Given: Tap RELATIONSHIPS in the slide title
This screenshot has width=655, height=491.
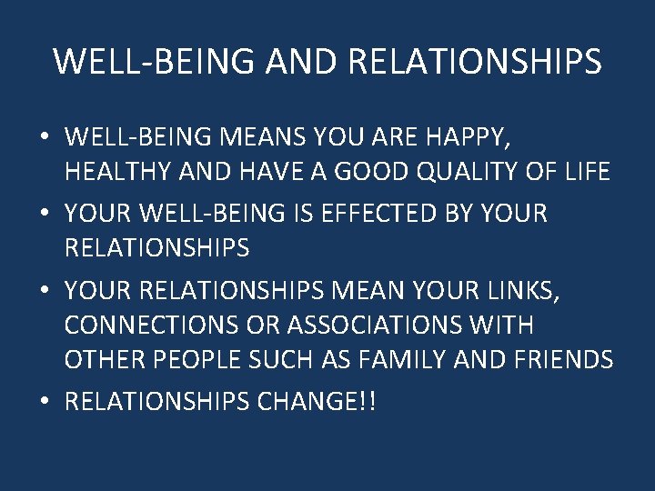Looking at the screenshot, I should (x=474, y=62).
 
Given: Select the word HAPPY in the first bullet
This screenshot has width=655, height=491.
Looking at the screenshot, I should (x=474, y=138).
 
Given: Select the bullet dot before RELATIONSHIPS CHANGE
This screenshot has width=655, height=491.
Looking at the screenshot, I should (x=44, y=402).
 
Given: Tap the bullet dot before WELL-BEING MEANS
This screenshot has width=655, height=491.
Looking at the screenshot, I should (x=44, y=139).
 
